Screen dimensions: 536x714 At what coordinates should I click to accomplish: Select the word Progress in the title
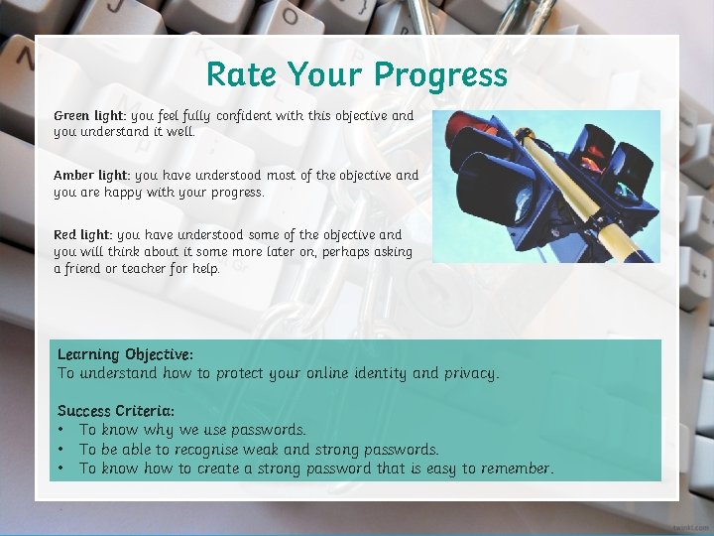click(440, 75)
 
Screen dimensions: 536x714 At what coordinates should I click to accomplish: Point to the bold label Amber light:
click(91, 176)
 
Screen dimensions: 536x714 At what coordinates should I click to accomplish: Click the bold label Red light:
click(83, 235)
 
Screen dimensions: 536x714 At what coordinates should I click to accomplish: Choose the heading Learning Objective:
click(125, 354)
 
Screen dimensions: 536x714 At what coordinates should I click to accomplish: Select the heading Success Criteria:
click(116, 410)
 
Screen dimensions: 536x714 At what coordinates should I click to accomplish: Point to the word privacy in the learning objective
click(469, 374)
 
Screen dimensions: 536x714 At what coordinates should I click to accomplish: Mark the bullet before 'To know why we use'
click(61, 430)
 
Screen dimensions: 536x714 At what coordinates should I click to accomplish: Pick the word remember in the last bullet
click(515, 469)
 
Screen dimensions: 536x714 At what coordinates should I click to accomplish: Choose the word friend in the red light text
click(87, 268)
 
